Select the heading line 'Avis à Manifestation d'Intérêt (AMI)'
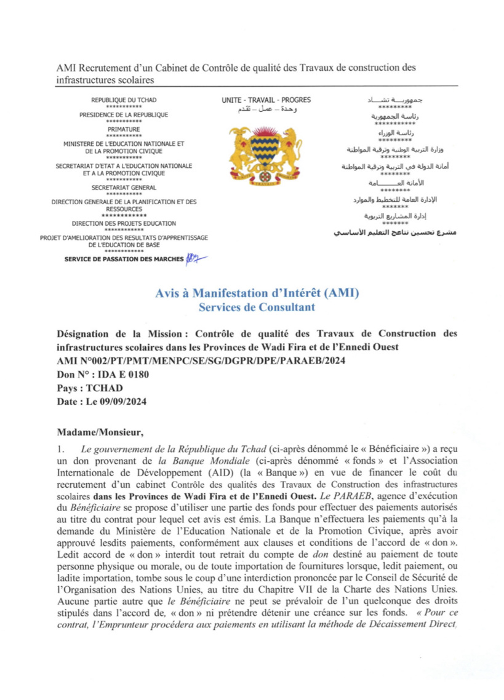[x=257, y=293]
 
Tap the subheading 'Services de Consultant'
[x=257, y=306]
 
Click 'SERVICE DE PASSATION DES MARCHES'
[x=124, y=259]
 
